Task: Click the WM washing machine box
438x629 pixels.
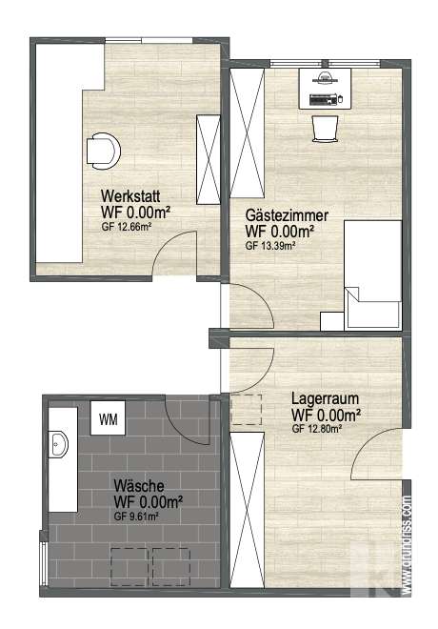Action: coord(109,417)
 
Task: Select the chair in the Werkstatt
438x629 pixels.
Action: coord(103,150)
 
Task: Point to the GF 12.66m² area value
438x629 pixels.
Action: coord(127,227)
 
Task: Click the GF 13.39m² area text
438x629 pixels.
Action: coord(270,245)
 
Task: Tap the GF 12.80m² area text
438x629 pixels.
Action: coord(317,429)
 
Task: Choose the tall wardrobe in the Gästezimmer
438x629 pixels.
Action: coord(247,132)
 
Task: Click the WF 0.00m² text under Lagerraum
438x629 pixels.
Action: coord(325,416)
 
